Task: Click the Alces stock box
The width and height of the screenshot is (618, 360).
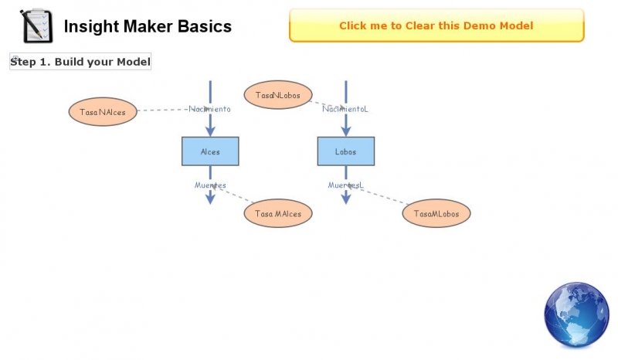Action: click(210, 151)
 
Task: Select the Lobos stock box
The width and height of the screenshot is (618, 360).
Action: click(345, 151)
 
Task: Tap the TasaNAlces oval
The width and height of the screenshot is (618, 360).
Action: click(103, 112)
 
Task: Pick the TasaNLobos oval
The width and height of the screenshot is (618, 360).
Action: click(278, 95)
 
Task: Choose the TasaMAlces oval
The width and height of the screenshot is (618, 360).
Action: click(278, 213)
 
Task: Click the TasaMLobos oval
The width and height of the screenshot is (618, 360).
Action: click(436, 213)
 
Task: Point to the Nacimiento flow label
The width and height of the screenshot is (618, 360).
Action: click(210, 109)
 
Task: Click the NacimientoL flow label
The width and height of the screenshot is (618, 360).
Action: click(345, 109)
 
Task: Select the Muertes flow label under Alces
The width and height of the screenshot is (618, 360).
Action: click(210, 185)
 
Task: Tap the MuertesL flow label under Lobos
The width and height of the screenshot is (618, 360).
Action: click(345, 185)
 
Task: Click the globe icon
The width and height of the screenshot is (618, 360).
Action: click(576, 314)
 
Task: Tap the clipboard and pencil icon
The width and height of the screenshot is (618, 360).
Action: click(36, 26)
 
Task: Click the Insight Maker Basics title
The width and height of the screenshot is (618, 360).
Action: click(148, 27)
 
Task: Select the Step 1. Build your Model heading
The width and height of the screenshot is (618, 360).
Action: click(80, 62)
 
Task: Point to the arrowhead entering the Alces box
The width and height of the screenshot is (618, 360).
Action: click(210, 131)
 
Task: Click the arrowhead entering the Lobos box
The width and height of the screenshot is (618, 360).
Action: click(345, 131)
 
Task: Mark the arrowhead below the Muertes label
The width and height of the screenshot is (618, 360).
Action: click(210, 199)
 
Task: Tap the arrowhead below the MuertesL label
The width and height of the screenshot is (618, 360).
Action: click(345, 199)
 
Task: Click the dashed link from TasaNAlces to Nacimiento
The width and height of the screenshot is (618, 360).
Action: click(162, 110)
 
